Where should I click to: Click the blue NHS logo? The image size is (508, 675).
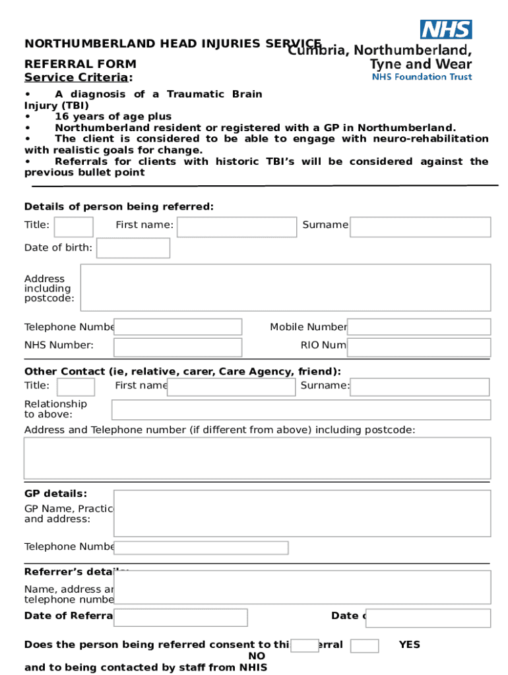[x=446, y=30]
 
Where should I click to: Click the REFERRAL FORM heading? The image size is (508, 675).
[x=80, y=64]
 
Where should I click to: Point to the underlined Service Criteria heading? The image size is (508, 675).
[x=78, y=78]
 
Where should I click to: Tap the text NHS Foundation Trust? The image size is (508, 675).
[x=422, y=77]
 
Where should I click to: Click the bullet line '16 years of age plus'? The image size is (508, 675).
[x=113, y=117]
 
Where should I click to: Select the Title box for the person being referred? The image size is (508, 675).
[x=73, y=227]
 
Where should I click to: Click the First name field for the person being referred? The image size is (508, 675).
[x=237, y=227]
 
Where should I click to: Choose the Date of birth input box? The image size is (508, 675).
[x=133, y=248]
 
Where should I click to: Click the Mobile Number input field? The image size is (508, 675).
[x=419, y=327]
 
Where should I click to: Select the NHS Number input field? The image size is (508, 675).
[x=177, y=347]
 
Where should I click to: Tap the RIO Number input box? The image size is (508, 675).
[x=419, y=347]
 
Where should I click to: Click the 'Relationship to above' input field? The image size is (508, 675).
[x=301, y=409]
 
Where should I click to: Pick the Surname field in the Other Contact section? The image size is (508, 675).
[x=420, y=387]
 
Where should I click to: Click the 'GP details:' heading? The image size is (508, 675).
[x=55, y=494]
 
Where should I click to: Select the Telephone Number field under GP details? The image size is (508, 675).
[x=201, y=548]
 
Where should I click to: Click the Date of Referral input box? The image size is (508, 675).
[x=180, y=618]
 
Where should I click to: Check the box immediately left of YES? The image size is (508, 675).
[x=364, y=645]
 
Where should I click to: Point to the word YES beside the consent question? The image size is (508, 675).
[x=409, y=645]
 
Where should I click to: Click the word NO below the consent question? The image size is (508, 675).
[x=257, y=656]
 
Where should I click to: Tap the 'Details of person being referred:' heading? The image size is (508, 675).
[x=119, y=207]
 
